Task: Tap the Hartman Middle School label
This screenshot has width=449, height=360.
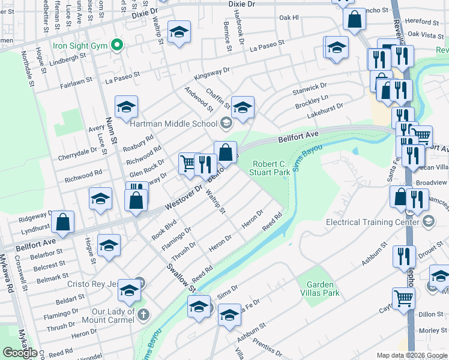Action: click(173, 124)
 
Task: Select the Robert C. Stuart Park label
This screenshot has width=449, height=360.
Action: click(271, 168)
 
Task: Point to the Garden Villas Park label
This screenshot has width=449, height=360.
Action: click(323, 289)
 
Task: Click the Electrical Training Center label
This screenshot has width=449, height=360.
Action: click(372, 222)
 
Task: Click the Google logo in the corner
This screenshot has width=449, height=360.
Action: click(20, 353)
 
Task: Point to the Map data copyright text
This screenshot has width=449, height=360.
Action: click(411, 355)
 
